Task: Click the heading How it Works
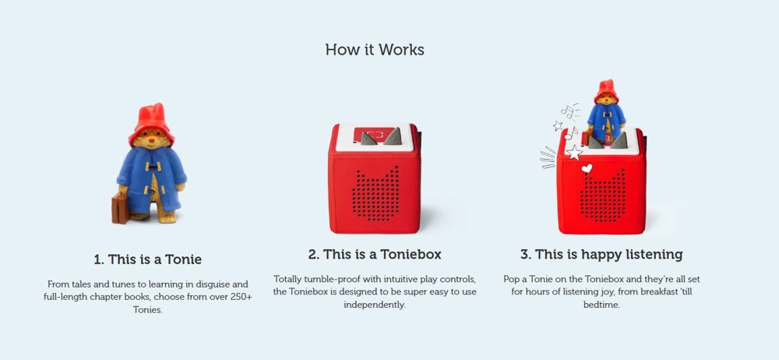(x=375, y=50)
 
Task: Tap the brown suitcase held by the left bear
(x=120, y=208)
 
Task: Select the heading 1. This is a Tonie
(x=147, y=259)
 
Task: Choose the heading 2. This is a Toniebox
(x=375, y=255)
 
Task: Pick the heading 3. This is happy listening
(x=601, y=255)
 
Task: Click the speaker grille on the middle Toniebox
(x=375, y=194)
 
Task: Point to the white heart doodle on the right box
(x=587, y=168)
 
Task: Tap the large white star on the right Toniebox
(x=574, y=152)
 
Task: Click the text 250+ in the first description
(x=239, y=298)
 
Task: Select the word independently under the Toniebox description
(x=375, y=305)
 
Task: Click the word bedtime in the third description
(x=601, y=305)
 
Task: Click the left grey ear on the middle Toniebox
(x=369, y=139)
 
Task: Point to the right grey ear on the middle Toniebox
(x=393, y=136)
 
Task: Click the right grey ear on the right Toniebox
(x=619, y=141)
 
